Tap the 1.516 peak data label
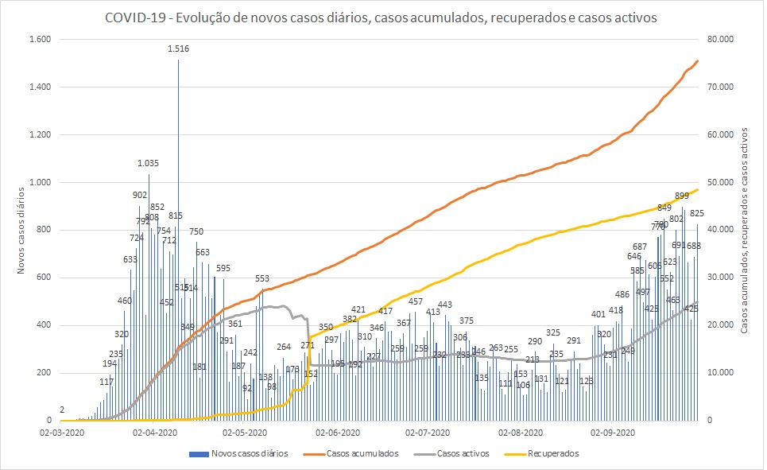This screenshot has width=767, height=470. [x=178, y=49]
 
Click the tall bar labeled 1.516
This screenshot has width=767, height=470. [x=178, y=239]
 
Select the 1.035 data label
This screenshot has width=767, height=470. [x=149, y=163]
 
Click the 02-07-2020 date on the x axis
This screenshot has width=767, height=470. [x=428, y=433]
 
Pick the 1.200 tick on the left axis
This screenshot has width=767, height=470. [x=37, y=134]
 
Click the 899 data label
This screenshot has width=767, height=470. [x=681, y=196]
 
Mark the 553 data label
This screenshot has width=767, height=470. [x=262, y=278]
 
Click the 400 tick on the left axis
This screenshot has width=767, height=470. [x=41, y=325]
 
